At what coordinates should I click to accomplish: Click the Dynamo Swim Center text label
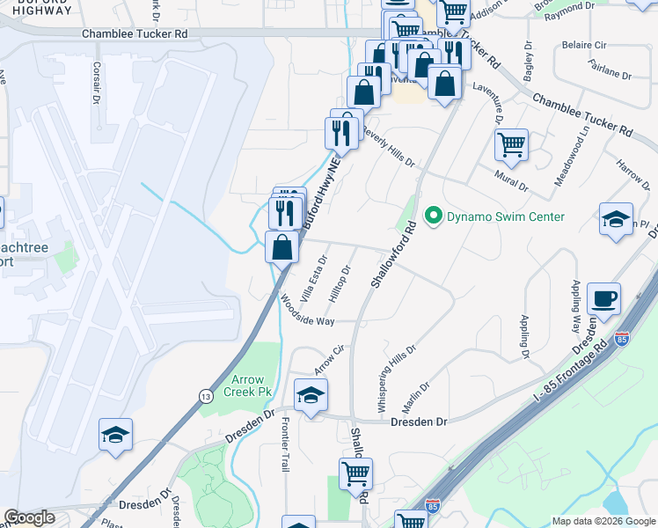point(505,216)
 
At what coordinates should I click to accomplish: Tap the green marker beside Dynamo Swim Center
point(433,216)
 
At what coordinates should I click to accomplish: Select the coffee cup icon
point(603,299)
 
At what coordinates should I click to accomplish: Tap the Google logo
point(29,518)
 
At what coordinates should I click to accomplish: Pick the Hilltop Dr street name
point(340,284)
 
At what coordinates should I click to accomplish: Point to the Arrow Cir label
point(327,357)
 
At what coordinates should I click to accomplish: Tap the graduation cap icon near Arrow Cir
point(311,396)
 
